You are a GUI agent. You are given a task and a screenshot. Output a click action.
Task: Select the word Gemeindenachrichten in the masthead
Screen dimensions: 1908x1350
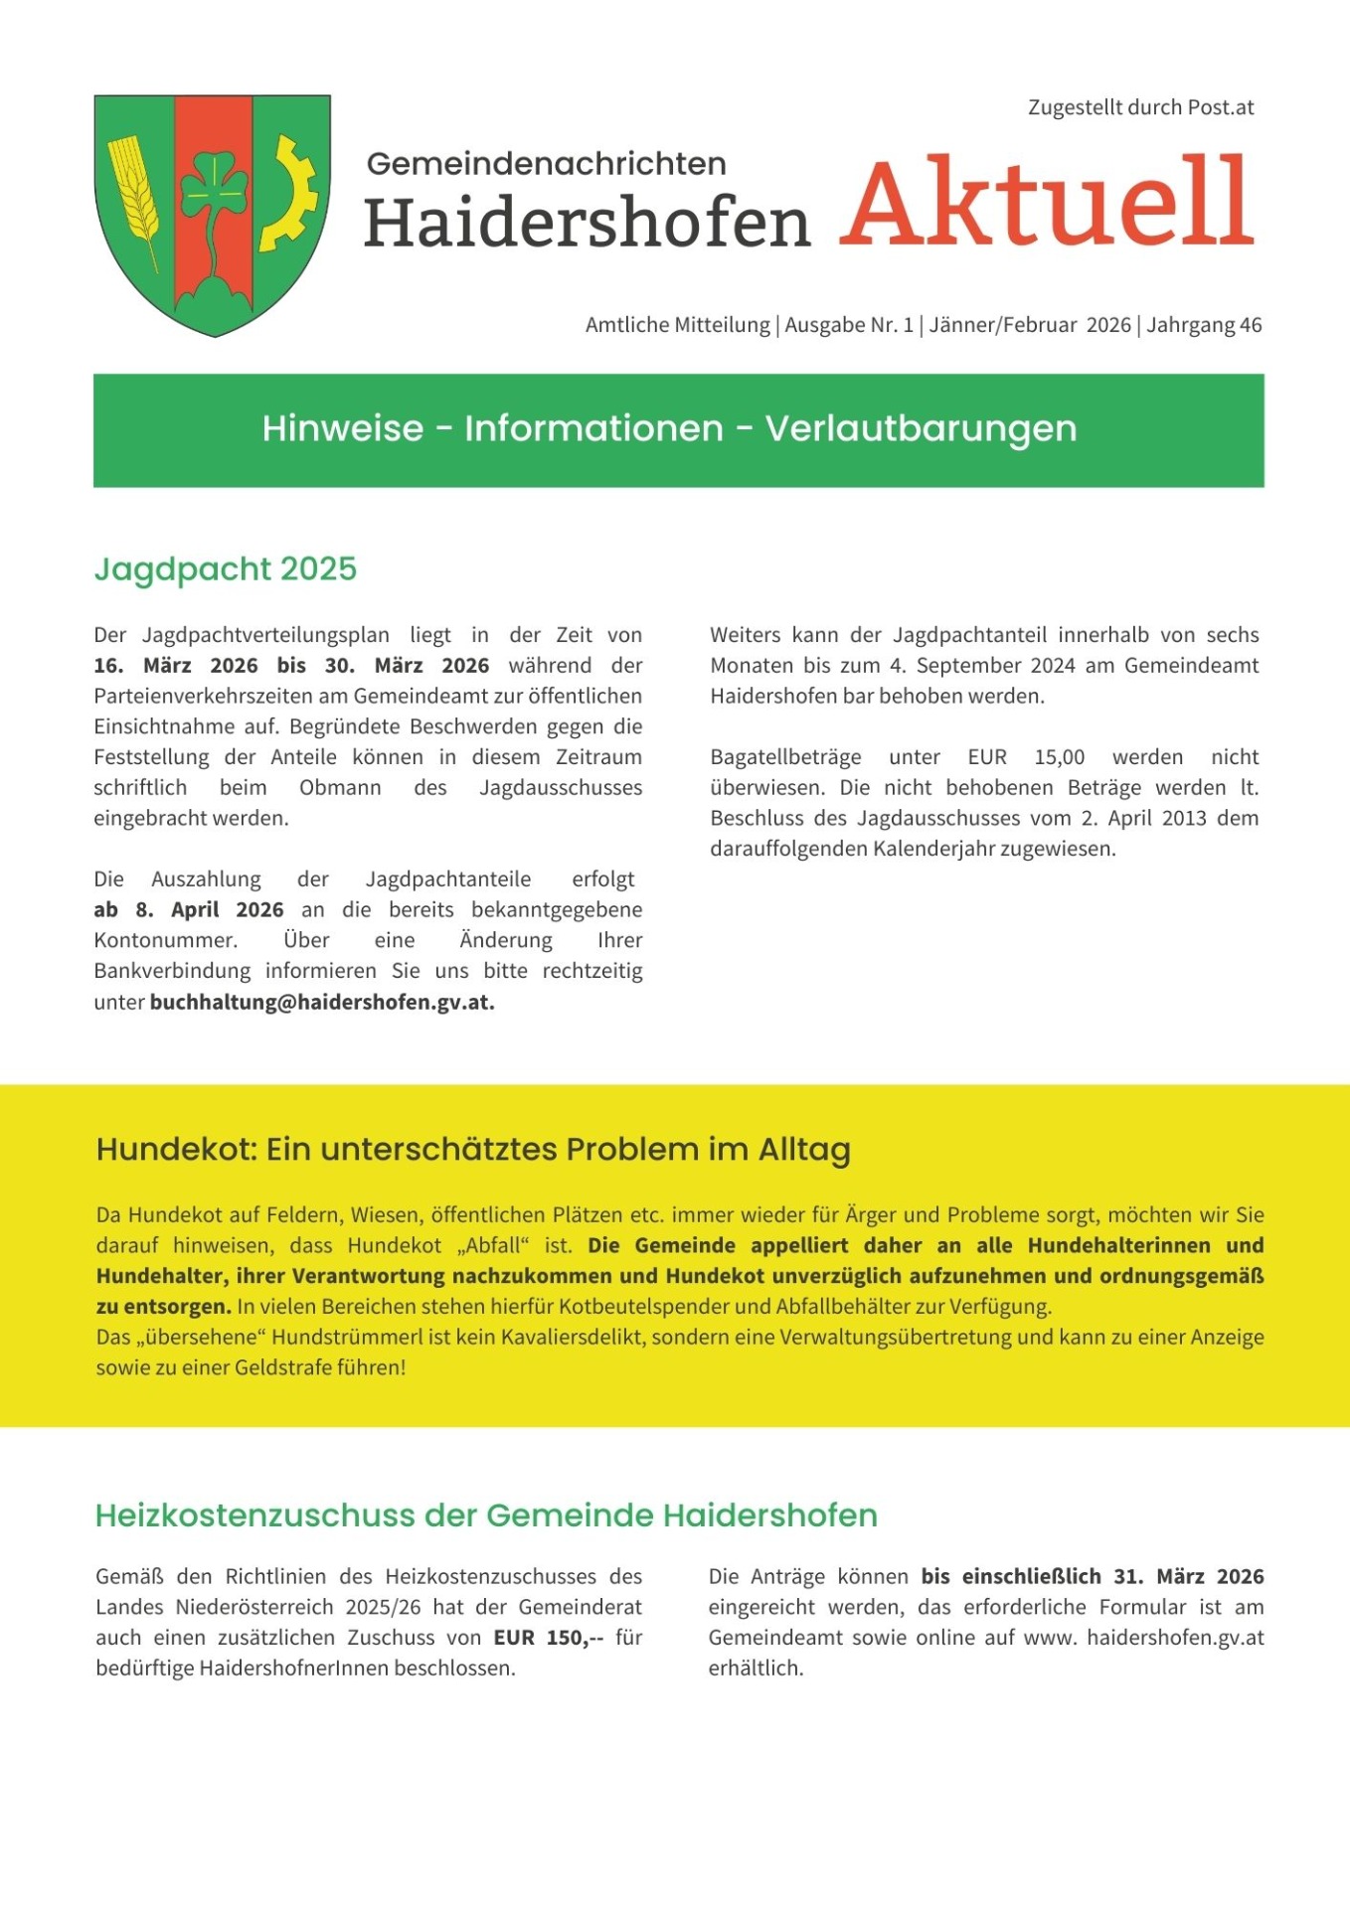546,164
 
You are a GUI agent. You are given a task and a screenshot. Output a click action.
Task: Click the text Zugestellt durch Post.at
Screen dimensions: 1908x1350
1140,107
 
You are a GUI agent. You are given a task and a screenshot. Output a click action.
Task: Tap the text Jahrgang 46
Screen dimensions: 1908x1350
1204,325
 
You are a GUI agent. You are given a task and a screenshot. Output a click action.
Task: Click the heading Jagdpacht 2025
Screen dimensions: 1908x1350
226,569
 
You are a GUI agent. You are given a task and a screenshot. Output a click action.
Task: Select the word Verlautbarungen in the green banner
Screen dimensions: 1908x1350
921,428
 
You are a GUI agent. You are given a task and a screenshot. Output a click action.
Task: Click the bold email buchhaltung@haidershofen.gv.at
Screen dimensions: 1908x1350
322,1002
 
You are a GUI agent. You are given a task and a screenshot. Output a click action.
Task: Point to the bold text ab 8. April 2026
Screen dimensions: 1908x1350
189,909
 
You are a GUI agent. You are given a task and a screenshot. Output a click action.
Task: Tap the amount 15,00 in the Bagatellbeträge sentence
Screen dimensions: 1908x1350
1060,757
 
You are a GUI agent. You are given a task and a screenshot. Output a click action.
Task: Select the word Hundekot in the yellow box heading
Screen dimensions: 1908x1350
167,1150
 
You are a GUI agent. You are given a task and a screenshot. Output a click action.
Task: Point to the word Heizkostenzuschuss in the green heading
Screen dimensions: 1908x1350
254,1515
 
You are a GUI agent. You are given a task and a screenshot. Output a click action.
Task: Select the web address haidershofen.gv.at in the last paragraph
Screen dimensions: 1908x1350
1175,1637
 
